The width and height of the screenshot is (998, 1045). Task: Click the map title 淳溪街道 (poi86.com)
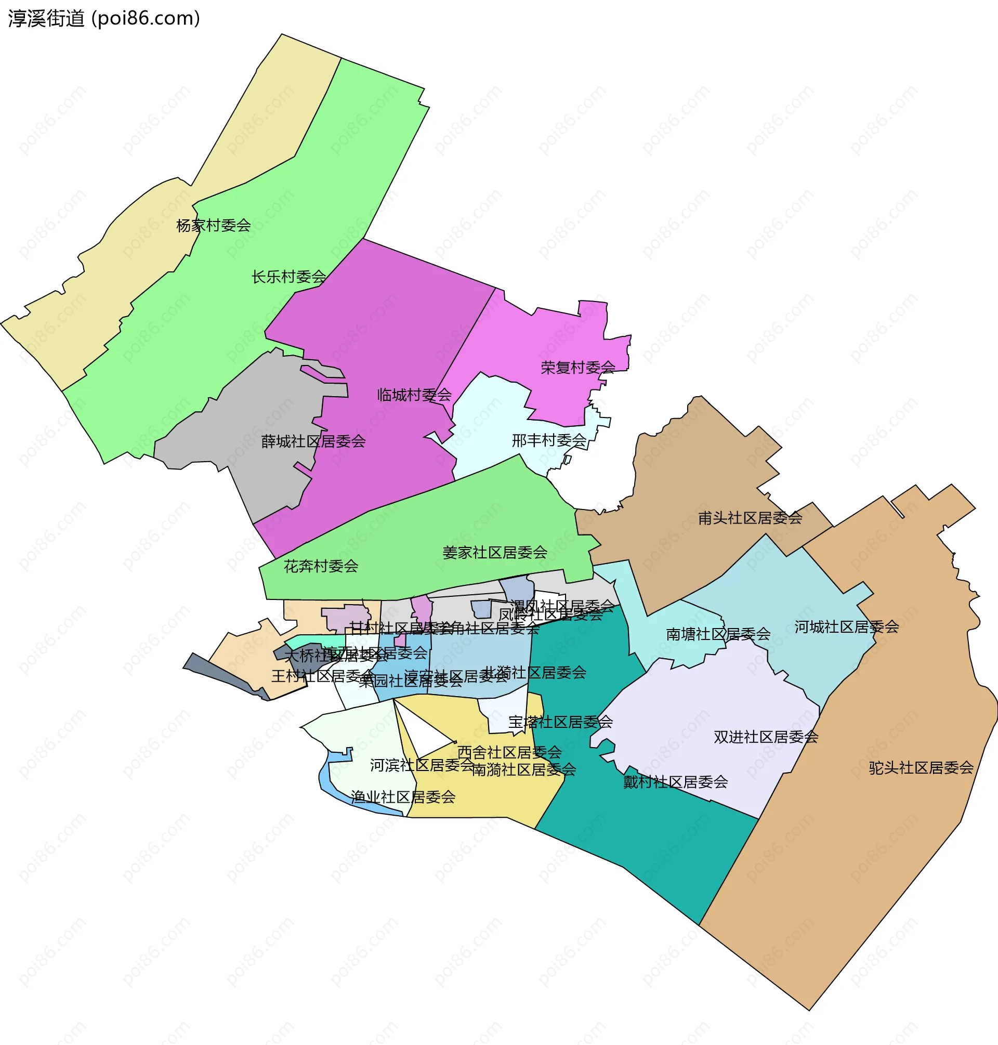104,19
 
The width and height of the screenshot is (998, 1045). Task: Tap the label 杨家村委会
213,226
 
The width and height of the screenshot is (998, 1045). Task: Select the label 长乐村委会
288,277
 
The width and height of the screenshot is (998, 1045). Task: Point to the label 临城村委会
414,395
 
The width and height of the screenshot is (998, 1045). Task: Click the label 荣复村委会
577,367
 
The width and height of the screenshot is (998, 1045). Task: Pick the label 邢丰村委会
548,440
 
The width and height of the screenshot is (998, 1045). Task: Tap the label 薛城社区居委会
313,441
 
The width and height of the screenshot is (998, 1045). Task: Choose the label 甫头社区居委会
750,518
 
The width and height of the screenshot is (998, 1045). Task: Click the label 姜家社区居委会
495,552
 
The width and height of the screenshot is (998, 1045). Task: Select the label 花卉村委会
321,566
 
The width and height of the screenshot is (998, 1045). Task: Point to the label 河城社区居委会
846,627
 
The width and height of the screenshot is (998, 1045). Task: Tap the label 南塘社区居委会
718,634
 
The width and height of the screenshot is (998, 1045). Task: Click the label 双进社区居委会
766,737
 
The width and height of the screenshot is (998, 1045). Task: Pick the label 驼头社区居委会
921,768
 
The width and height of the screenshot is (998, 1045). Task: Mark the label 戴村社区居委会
675,782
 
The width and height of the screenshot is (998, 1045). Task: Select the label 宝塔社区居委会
560,722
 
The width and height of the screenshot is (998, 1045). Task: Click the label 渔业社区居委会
403,797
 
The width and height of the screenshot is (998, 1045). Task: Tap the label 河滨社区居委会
422,765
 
